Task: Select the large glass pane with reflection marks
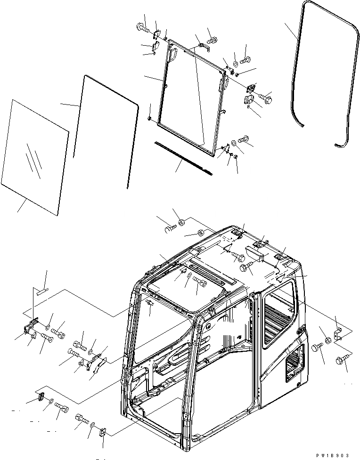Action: [35, 155]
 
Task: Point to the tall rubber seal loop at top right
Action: [325, 80]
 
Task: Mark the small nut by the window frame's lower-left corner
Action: [149, 118]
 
